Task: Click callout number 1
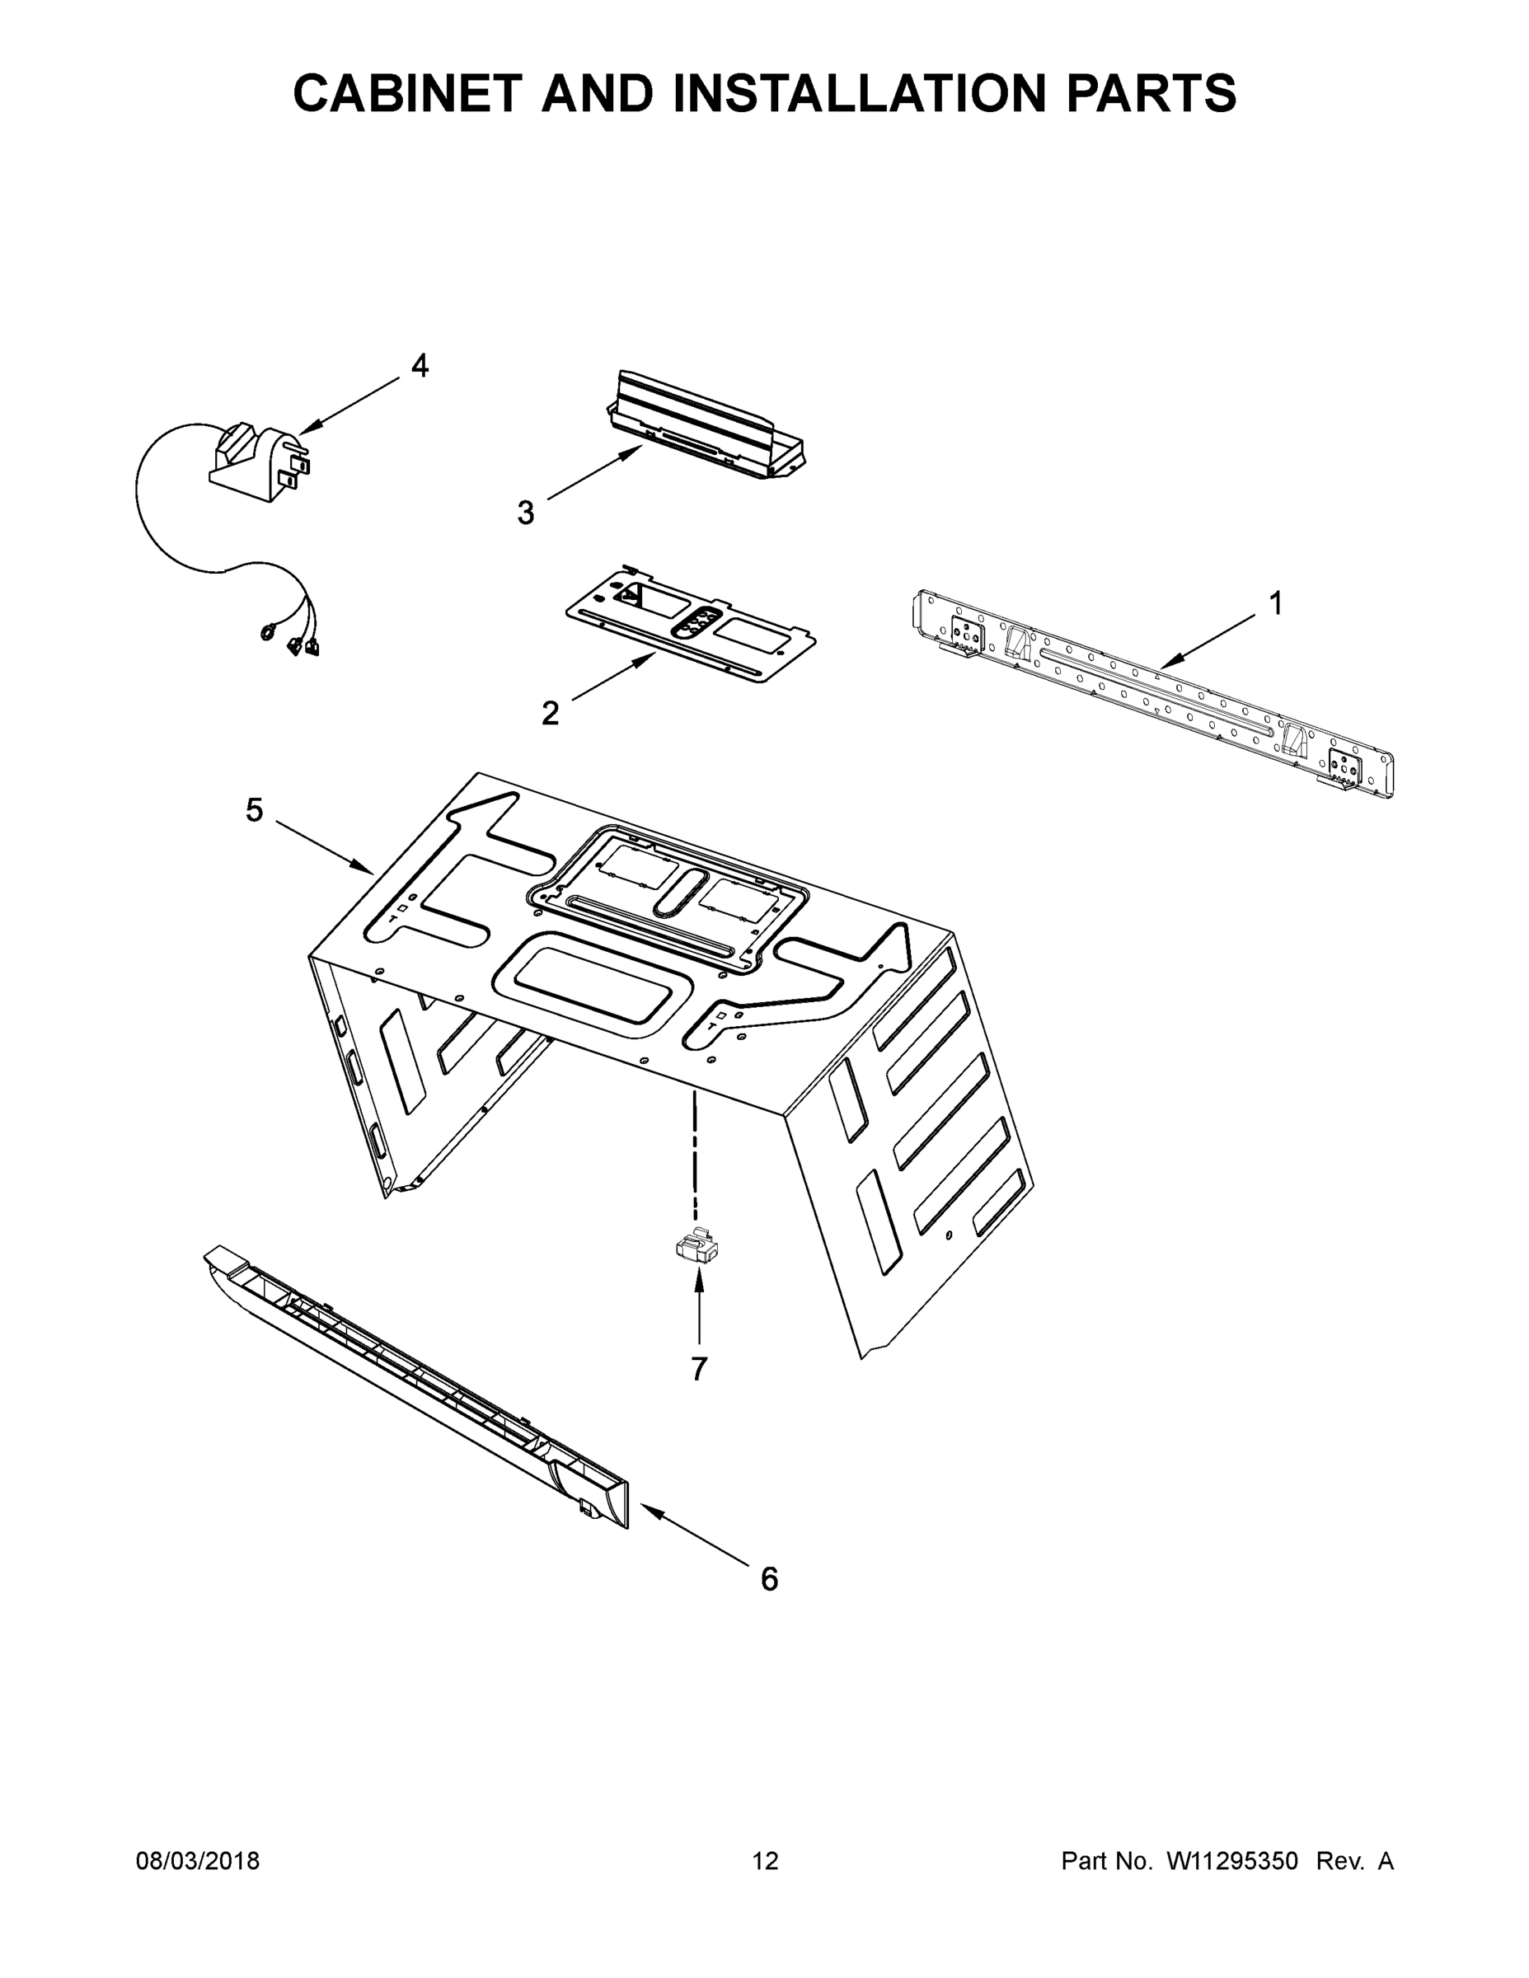[1275, 603]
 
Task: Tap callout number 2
[550, 714]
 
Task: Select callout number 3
[525, 513]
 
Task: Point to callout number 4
[420, 366]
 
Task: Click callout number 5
[255, 809]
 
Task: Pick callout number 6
[768, 1578]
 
